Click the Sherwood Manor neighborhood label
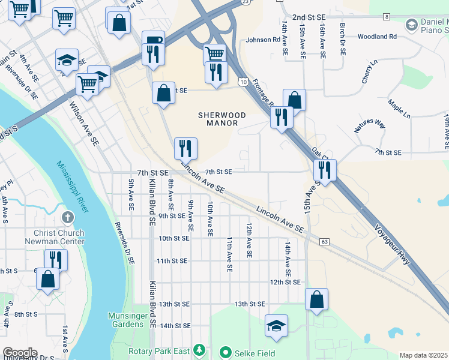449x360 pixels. [221, 119]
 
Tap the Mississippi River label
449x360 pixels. [73, 186]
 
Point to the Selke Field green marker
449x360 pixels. [226, 352]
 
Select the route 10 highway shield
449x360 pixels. [243, 81]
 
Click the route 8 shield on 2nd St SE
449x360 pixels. [386, 17]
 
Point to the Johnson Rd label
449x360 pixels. [263, 40]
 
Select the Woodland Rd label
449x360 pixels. [376, 37]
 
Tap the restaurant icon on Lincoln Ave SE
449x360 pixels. [185, 148]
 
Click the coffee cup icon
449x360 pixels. [152, 40]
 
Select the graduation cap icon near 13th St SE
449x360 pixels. [276, 325]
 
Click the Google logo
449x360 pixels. [20, 353]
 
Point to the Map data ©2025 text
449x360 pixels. [423, 355]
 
